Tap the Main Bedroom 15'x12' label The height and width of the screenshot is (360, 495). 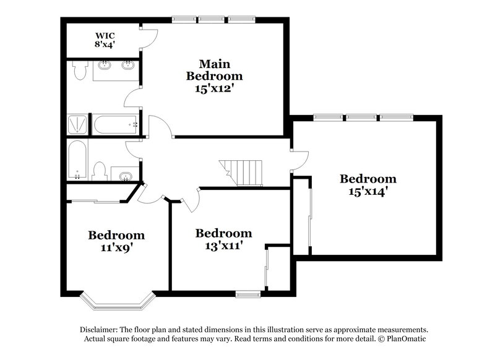(214, 75)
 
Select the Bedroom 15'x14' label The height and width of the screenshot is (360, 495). (368, 184)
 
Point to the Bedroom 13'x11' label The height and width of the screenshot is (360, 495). (223, 239)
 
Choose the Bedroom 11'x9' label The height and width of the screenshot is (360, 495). (116, 241)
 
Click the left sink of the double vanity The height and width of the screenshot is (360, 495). (105, 65)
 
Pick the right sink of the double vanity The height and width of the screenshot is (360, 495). (129, 65)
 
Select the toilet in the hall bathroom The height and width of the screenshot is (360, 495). (99, 170)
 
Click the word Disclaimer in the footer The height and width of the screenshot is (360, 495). (99, 330)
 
